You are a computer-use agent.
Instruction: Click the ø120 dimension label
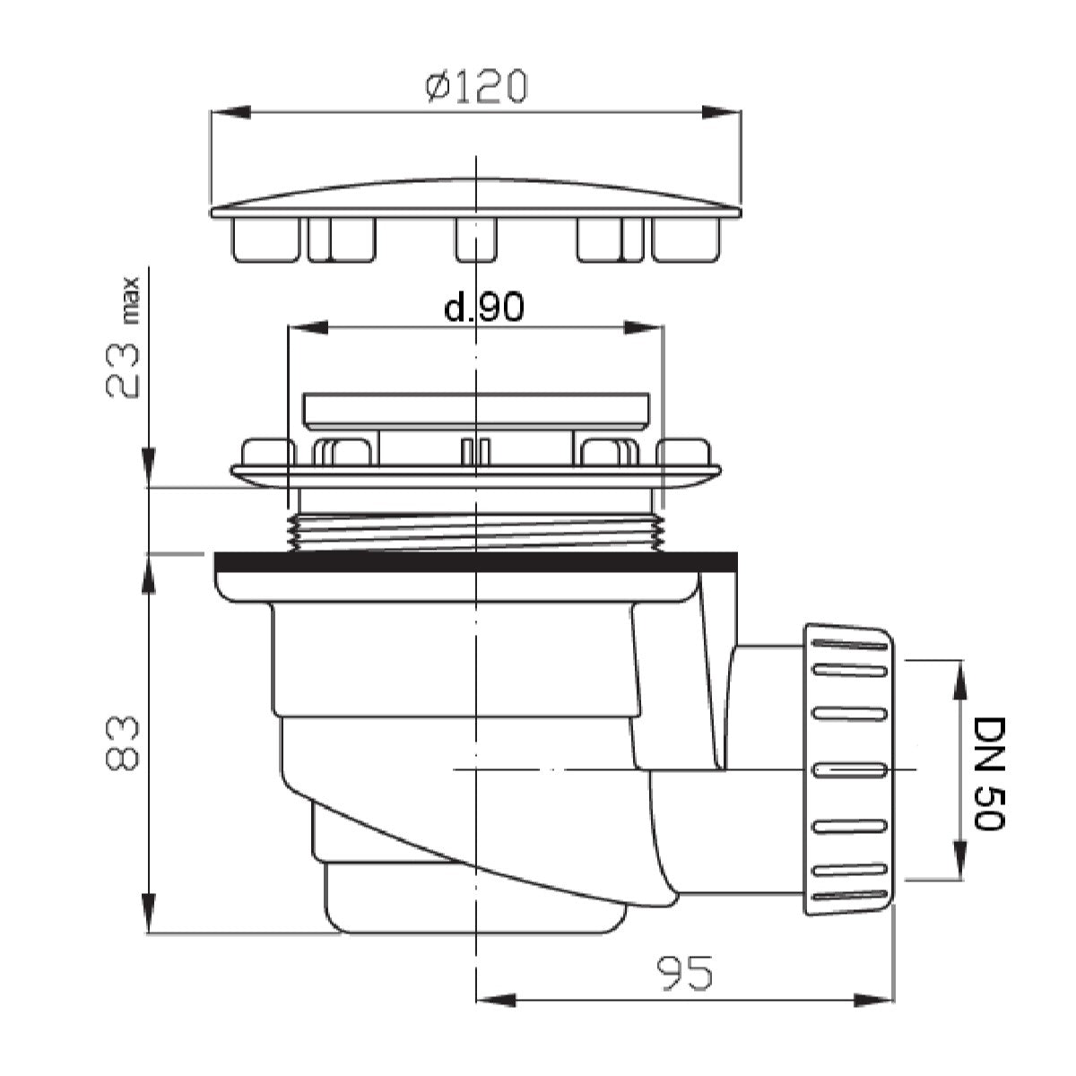[475, 87]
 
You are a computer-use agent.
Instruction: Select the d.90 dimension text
[484, 308]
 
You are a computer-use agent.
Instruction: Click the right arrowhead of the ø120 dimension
[723, 112]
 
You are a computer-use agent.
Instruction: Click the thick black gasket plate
[475, 561]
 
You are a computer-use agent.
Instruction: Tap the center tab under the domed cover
[475, 239]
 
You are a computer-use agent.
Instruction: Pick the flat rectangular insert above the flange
[475, 409]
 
